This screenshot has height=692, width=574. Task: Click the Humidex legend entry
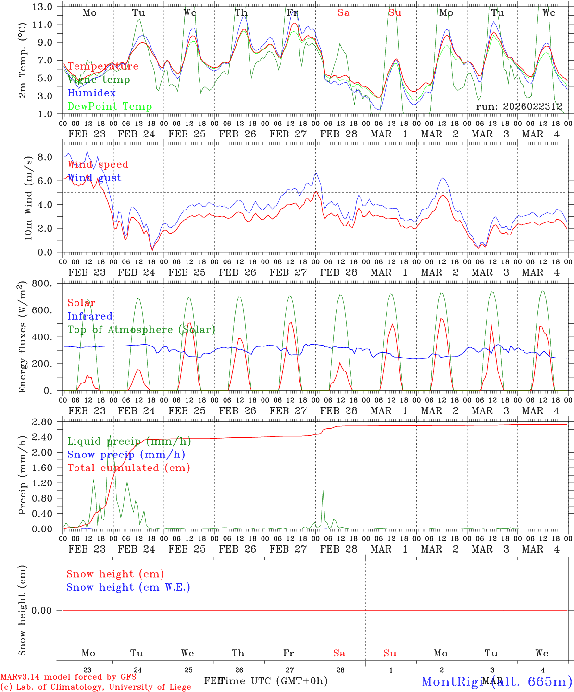pyautogui.click(x=91, y=93)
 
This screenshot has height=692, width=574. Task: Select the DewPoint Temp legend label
pyautogui.click(x=110, y=107)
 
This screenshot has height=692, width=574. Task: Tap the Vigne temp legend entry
pyautogui.click(x=99, y=80)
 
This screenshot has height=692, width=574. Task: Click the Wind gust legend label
pyautogui.click(x=94, y=178)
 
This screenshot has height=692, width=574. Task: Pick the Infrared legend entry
pyautogui.click(x=90, y=316)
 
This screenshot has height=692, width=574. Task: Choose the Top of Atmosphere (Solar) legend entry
pyautogui.click(x=141, y=330)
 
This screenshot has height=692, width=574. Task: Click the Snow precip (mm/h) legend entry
pyautogui.click(x=126, y=455)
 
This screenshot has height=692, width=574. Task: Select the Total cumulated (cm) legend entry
pyautogui.click(x=128, y=468)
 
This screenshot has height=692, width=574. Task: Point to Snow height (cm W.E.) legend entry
pyautogui.click(x=128, y=587)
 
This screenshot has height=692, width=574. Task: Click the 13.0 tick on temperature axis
pyautogui.click(x=43, y=7)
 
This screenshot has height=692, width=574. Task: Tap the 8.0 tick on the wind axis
pyautogui.click(x=45, y=157)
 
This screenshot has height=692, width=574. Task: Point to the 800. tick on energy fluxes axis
pyautogui.click(x=43, y=284)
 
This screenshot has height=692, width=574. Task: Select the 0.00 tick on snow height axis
pyautogui.click(x=42, y=610)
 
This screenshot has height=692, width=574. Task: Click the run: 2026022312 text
pyautogui.click(x=519, y=106)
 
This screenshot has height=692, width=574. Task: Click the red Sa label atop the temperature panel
pyautogui.click(x=343, y=13)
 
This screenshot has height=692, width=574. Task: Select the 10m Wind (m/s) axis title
pyautogui.click(x=29, y=198)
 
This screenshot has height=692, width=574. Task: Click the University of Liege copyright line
pyautogui.click(x=96, y=687)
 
